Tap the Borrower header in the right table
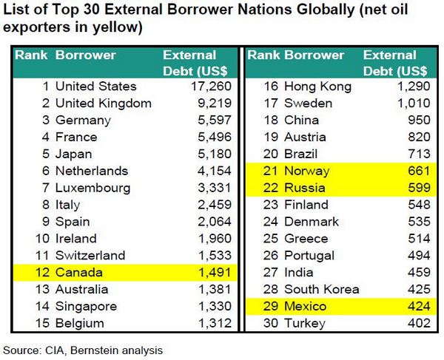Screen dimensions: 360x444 [x=314, y=55]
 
